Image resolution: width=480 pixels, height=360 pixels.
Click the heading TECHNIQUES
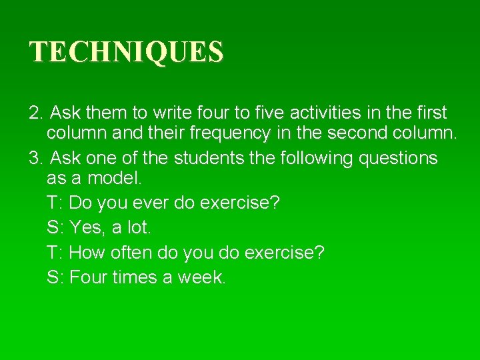tap(127, 52)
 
